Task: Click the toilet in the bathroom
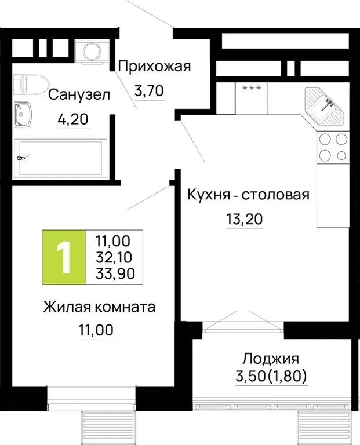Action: coord(26,86)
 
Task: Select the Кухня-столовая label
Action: coord(248,195)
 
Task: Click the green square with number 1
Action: coord(64,257)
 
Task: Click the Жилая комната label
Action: coord(99,307)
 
